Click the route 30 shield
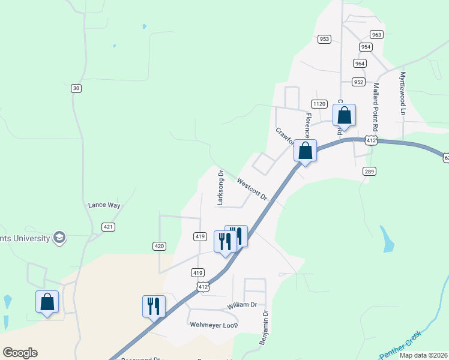coord(76,88)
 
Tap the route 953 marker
coord(325,39)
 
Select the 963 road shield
coord(376,34)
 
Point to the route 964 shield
coord(360,63)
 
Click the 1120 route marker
coord(319,104)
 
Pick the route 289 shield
coord(370,172)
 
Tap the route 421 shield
coord(108,227)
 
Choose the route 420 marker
coord(159,246)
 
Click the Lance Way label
coord(104,205)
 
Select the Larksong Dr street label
coord(220,188)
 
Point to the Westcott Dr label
coord(252,188)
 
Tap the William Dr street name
coord(242,305)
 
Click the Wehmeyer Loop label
coord(214,325)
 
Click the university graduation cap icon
coord(59,238)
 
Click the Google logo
coord(20,353)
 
